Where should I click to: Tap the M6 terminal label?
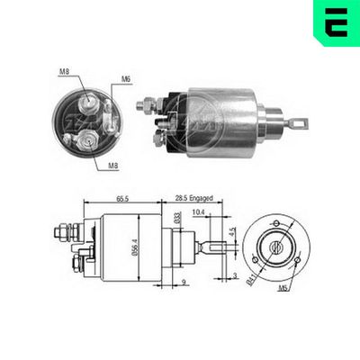pyautogui.click(x=127, y=78)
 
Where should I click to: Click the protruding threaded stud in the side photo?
pyautogui.click(x=144, y=106)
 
